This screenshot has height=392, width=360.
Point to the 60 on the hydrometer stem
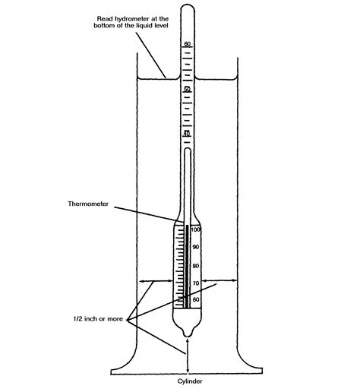187,44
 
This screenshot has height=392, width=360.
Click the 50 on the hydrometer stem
187,90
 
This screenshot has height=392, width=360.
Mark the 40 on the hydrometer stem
187,134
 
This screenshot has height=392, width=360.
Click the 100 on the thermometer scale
195,229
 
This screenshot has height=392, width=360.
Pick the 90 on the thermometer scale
195,248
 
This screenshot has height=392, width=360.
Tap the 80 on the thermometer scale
195,266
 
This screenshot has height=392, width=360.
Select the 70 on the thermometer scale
195,283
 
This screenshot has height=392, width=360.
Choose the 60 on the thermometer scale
195,300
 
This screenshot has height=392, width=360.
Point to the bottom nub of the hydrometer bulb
187,335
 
